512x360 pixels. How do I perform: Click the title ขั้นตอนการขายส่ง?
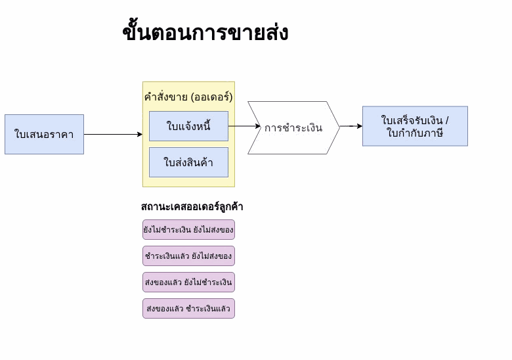coord(205,32)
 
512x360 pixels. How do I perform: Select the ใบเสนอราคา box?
coord(44,135)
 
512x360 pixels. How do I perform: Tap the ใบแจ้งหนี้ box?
coord(188,126)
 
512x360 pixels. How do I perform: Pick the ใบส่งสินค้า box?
coord(188,162)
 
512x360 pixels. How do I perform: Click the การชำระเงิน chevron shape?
coord(293,128)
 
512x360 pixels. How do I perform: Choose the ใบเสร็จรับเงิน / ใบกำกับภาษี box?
coord(415,126)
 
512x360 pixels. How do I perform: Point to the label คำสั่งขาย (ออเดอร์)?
coord(188,97)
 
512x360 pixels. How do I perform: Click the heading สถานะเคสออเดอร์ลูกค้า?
coord(192,207)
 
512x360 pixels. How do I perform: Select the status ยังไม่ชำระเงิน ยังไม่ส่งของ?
coord(188,230)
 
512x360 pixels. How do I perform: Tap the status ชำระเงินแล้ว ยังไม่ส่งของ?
coord(188,256)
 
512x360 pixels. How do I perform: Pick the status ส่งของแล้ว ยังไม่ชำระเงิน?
coord(188,282)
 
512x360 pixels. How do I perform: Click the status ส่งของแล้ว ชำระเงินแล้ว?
coord(188,309)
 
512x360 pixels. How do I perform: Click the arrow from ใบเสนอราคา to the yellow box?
coord(113,135)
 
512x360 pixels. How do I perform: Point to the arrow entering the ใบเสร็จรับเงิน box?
coord(351,126)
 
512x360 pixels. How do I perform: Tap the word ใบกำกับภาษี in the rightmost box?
coord(415,133)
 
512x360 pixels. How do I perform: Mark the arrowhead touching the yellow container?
coord(139,135)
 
